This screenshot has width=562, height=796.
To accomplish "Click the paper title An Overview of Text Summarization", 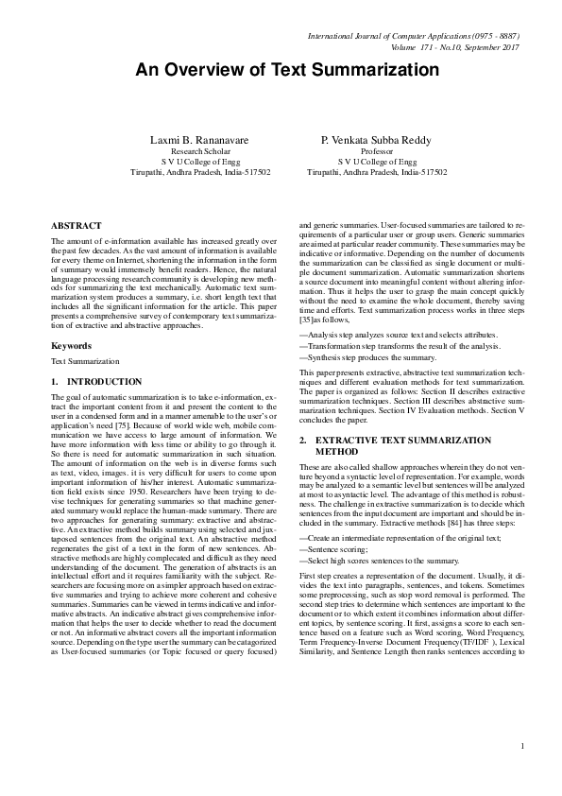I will tap(281, 70).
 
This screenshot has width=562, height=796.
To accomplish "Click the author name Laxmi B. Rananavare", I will tap(199, 140).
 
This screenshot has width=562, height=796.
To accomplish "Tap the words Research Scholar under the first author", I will tap(200, 151).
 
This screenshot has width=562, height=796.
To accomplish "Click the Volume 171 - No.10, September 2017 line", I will tap(455, 46).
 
